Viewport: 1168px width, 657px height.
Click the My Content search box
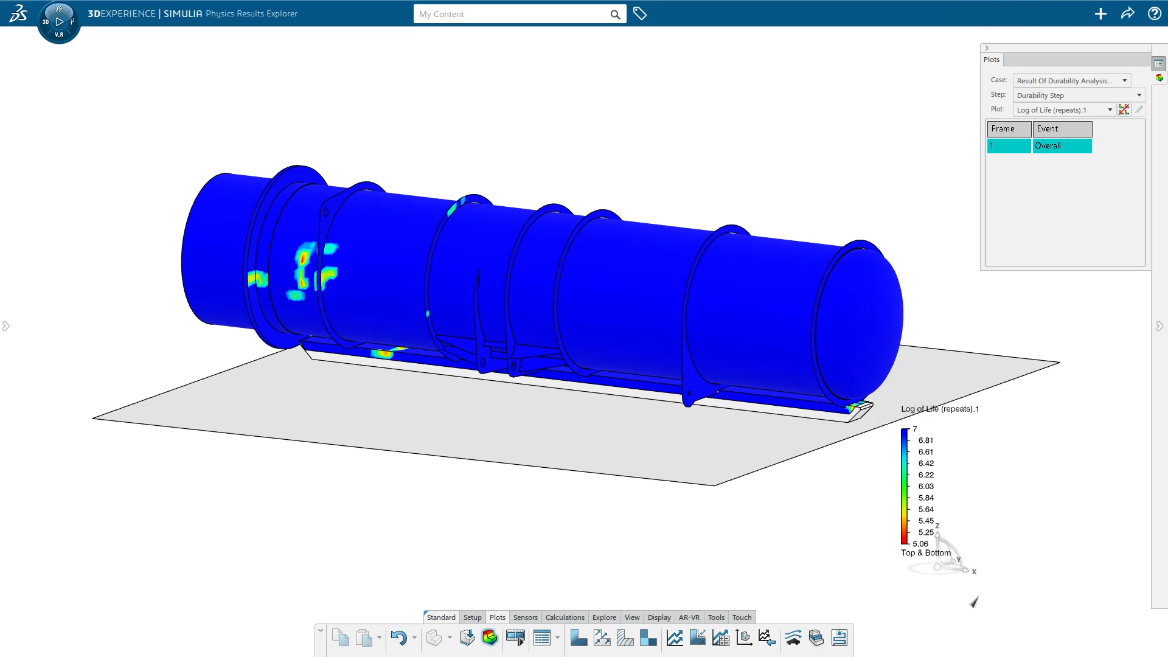(x=511, y=14)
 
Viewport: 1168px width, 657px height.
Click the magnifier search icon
(x=615, y=15)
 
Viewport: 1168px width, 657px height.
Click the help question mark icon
(x=1154, y=13)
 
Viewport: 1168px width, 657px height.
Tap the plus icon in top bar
(x=1100, y=13)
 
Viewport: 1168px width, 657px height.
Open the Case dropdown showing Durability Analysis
(x=1071, y=80)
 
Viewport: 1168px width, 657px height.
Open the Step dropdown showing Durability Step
(x=1079, y=96)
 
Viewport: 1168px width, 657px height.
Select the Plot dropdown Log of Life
(x=1064, y=110)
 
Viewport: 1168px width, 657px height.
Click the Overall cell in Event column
(x=1062, y=146)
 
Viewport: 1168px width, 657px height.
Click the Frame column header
(x=1008, y=129)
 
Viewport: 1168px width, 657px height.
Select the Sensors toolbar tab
(x=525, y=617)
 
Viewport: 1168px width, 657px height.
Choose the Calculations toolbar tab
(x=565, y=617)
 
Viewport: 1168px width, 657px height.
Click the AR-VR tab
(x=689, y=617)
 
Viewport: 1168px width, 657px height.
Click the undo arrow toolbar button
(x=398, y=638)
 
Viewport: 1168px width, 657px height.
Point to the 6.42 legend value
(x=925, y=464)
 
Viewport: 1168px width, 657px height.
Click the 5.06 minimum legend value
(x=920, y=544)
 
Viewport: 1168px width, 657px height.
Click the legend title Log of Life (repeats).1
(x=939, y=409)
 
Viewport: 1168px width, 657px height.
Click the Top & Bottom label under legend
(x=925, y=553)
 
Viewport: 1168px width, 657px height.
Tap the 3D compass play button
(x=59, y=22)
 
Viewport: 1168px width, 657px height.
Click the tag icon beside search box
(x=639, y=13)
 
